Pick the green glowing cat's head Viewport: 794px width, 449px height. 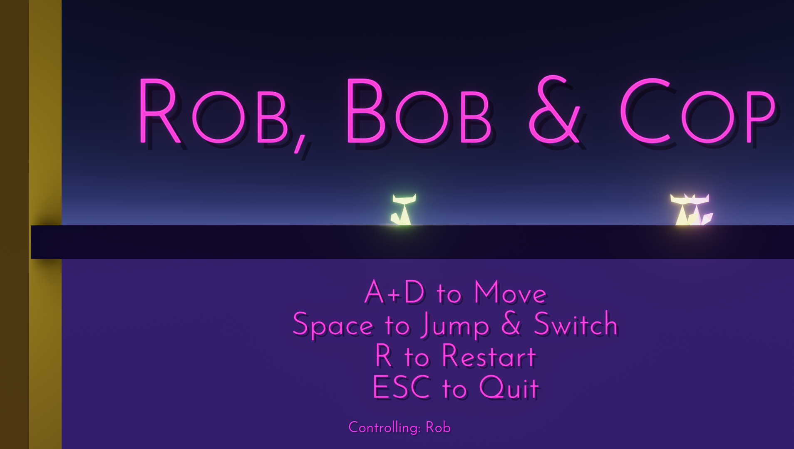click(404, 200)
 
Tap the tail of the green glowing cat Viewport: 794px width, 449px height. click(395, 218)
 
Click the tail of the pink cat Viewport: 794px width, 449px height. click(707, 218)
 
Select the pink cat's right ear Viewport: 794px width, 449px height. click(706, 197)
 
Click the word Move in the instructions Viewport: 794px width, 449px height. click(510, 293)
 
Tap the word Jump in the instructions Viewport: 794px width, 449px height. click(454, 326)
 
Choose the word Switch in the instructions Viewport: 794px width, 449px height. click(576, 324)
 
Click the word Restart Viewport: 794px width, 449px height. click(489, 356)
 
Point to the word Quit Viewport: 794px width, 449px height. click(509, 388)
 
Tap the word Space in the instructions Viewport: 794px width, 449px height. click(333, 326)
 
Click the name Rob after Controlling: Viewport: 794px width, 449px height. click(438, 427)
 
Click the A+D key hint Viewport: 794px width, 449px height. click(394, 292)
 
